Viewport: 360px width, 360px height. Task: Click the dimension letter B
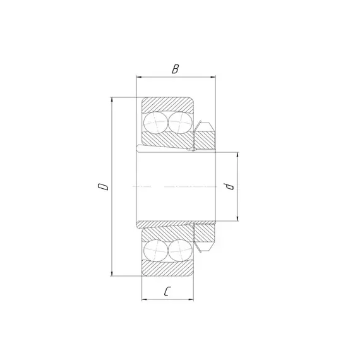point(175,69)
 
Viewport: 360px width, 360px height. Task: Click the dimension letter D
point(103,186)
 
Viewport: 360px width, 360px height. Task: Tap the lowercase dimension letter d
point(230,186)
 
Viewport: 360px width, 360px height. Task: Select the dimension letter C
point(167,291)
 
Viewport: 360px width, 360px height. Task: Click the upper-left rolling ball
point(155,123)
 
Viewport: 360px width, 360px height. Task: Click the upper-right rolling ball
point(180,123)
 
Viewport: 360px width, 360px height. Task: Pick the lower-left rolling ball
point(155,251)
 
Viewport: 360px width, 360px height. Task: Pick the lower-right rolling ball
point(180,251)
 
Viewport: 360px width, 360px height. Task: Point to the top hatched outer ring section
point(167,104)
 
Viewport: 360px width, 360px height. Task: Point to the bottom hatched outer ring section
point(167,268)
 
